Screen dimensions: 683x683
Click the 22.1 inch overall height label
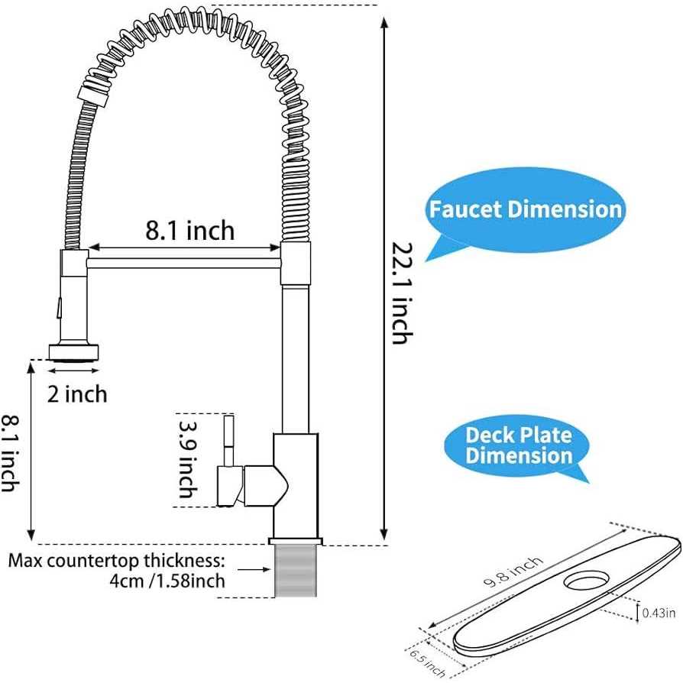(403, 294)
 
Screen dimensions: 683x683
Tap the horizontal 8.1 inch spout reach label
(190, 229)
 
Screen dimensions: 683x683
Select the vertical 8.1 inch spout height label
(10, 452)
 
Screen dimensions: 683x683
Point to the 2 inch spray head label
(77, 394)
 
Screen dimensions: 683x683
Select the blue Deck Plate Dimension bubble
(519, 446)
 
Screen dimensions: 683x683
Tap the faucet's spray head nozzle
(74, 352)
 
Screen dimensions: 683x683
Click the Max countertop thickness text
(116, 560)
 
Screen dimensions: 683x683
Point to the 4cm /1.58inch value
(167, 581)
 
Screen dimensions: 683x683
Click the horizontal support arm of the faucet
(183, 262)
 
